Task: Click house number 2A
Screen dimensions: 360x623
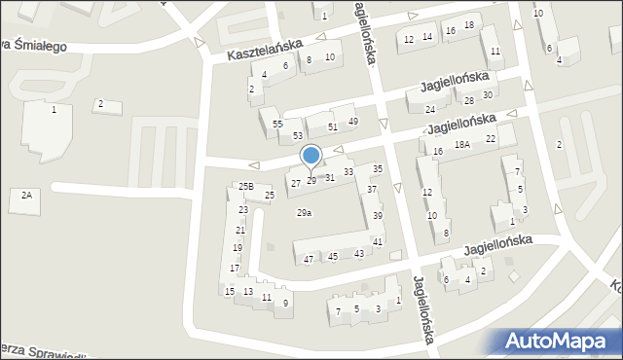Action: [x=26, y=196]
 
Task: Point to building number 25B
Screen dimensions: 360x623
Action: [x=245, y=186]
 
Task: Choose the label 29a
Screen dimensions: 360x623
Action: [x=304, y=213]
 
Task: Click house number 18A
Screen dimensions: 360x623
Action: [x=461, y=144]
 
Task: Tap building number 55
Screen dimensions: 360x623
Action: [x=277, y=125]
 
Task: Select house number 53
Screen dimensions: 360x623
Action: [x=298, y=135]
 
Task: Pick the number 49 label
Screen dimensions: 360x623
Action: [x=353, y=121]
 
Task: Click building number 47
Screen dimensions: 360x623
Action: [x=309, y=259]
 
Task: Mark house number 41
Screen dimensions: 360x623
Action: [x=378, y=241]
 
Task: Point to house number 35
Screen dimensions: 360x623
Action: [x=378, y=169]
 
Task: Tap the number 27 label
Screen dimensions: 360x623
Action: [x=295, y=183]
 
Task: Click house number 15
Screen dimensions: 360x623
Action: [x=229, y=291]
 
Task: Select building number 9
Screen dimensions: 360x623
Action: [x=285, y=303]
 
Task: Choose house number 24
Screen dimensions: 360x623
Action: [x=430, y=109]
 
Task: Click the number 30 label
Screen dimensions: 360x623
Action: [x=488, y=94]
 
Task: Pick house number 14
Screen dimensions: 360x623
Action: [x=427, y=37]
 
